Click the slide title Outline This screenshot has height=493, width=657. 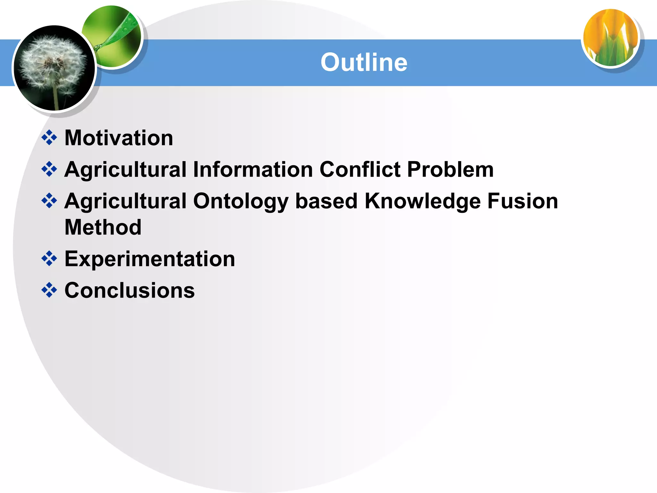click(x=364, y=62)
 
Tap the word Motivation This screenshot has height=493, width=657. click(x=119, y=138)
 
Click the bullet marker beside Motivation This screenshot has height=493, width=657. click(x=49, y=138)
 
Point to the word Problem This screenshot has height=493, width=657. click(x=450, y=169)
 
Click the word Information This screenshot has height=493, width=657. click(x=253, y=169)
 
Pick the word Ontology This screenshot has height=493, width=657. click(x=241, y=202)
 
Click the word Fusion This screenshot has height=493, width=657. click(x=523, y=202)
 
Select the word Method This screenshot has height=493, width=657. click(x=103, y=227)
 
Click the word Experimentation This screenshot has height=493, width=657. click(x=149, y=259)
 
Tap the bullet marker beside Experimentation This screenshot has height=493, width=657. click(x=49, y=258)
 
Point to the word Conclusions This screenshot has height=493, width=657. click(x=130, y=290)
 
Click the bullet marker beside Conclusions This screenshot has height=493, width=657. click(x=49, y=290)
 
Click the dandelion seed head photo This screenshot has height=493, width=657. click(x=54, y=68)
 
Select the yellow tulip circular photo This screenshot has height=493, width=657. click(x=610, y=38)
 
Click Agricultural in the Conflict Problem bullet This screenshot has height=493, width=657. click(x=125, y=169)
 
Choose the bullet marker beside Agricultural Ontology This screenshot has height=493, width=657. click(x=49, y=201)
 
